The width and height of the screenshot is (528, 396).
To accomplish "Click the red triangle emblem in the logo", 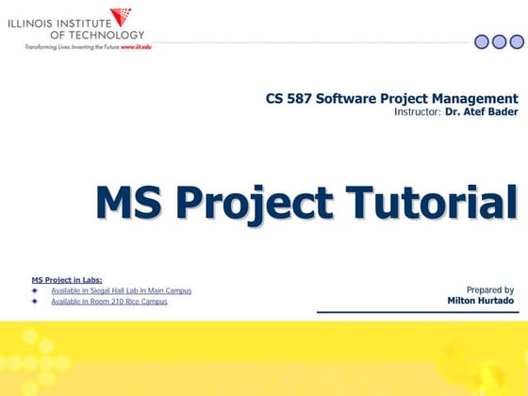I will [122, 17].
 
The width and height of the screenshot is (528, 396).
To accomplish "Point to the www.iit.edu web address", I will [134, 46].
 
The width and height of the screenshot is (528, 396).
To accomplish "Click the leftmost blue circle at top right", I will [482, 41].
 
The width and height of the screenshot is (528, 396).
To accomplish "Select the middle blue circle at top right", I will [499, 41].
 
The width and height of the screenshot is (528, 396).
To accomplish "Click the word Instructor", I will [418, 111].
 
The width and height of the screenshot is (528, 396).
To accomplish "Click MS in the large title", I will [129, 204].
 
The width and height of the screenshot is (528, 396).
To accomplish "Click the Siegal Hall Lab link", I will [121, 290].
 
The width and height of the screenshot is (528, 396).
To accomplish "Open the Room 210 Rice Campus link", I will [109, 302].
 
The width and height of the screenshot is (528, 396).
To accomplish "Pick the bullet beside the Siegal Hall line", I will [35, 290].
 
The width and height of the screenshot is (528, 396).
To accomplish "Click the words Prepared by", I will [489, 289].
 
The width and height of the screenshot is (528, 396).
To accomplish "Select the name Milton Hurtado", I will [481, 301].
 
